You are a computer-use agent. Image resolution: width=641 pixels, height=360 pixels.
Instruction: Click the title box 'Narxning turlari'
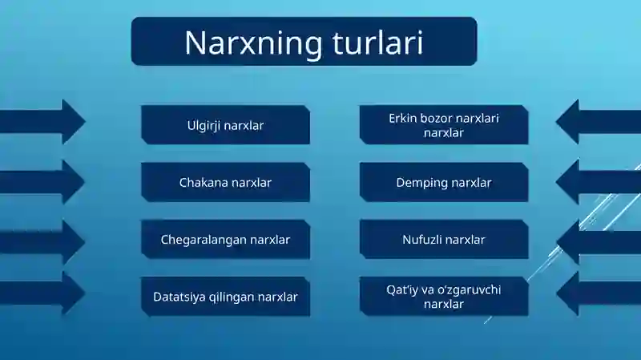(x=304, y=42)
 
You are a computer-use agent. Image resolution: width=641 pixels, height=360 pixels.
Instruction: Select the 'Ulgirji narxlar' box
(x=225, y=125)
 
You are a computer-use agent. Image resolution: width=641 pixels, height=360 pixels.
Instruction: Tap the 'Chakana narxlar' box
(x=225, y=182)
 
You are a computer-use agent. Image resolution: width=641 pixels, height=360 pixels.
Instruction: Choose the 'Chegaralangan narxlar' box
(x=225, y=239)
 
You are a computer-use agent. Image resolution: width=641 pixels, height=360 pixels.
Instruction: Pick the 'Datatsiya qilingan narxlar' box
(x=225, y=297)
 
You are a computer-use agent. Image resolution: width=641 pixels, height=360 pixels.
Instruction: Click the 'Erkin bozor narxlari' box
(x=444, y=125)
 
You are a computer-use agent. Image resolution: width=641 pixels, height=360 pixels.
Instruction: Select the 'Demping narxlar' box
(x=444, y=182)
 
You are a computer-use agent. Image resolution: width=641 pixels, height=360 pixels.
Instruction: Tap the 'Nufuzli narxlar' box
(x=444, y=239)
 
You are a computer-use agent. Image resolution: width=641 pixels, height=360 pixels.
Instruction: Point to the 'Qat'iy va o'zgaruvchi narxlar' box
(x=444, y=297)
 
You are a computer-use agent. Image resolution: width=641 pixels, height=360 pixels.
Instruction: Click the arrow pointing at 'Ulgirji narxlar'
(x=42, y=122)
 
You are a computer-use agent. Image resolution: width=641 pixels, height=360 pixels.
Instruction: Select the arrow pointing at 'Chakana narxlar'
(x=42, y=182)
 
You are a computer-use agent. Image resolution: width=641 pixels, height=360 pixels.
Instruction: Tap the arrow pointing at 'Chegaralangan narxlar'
(x=42, y=242)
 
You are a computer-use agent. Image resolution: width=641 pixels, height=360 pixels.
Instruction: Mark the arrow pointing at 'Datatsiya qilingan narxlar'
(x=42, y=293)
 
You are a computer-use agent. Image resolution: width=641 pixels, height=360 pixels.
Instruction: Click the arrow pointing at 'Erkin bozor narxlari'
(x=599, y=122)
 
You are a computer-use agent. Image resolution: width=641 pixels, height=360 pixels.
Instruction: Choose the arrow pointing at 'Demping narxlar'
(x=599, y=182)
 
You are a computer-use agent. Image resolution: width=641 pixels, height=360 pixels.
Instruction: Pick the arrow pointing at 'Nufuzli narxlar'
(x=599, y=242)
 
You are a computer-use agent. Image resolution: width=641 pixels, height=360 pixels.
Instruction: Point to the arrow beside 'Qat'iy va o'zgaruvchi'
(x=599, y=293)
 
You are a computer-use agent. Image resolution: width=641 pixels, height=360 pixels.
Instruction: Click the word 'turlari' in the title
(x=377, y=42)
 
